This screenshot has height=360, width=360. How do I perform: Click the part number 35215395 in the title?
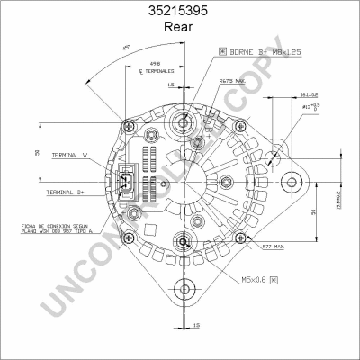click(x=180, y=12)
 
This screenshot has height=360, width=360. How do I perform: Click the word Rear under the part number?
click(x=180, y=27)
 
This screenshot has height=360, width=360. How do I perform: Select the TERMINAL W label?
click(x=69, y=155)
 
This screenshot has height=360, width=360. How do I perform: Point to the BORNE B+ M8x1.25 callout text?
click(x=261, y=54)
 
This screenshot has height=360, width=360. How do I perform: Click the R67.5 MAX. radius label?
click(x=232, y=82)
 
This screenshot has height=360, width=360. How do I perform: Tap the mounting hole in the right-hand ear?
click(x=290, y=184)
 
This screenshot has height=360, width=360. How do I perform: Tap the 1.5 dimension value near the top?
click(x=171, y=85)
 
